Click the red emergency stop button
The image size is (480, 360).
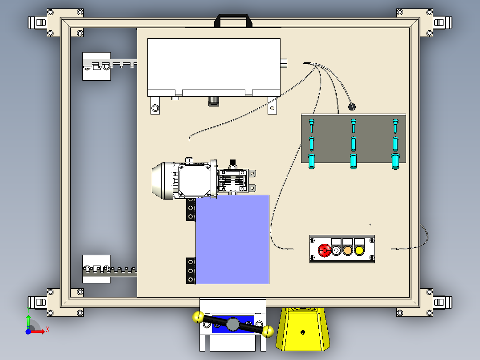(x=324, y=250)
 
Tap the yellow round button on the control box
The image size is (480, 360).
(x=359, y=250)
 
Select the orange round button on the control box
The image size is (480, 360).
(x=348, y=250)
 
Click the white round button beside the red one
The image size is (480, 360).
(x=336, y=250)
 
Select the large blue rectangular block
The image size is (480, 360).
(x=232, y=239)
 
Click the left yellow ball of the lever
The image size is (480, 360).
(x=198, y=317)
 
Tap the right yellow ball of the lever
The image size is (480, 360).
(x=268, y=331)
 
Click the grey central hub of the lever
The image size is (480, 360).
(x=232, y=324)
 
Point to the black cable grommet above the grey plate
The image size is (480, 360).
(x=351, y=107)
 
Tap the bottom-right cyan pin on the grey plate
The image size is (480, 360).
(x=395, y=161)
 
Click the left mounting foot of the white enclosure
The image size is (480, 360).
(x=155, y=107)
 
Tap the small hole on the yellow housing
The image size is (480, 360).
(x=303, y=332)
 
